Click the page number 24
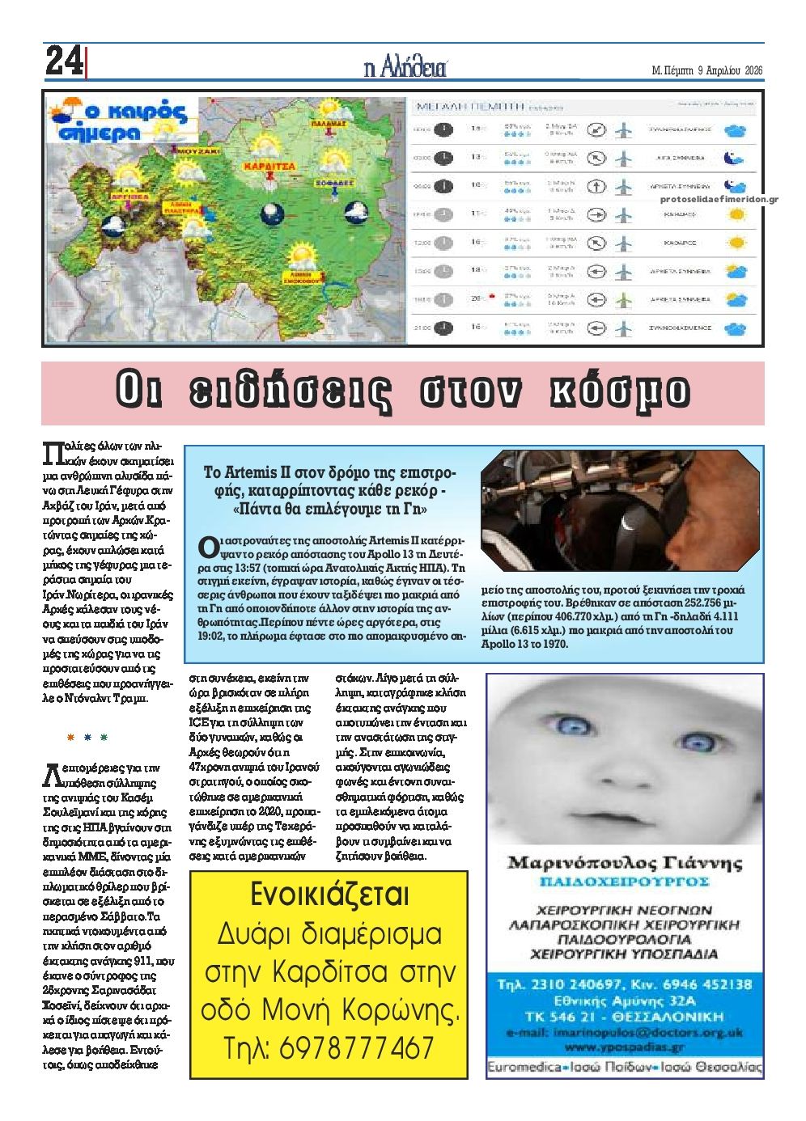click(x=62, y=60)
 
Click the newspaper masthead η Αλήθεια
click(x=405, y=67)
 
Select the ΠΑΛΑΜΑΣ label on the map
click(x=328, y=125)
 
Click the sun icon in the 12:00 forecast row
click(x=736, y=242)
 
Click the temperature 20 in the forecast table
click(x=476, y=299)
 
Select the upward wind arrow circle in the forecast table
click(x=596, y=186)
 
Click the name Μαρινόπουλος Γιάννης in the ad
click(x=624, y=862)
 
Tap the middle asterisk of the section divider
click(x=87, y=738)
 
